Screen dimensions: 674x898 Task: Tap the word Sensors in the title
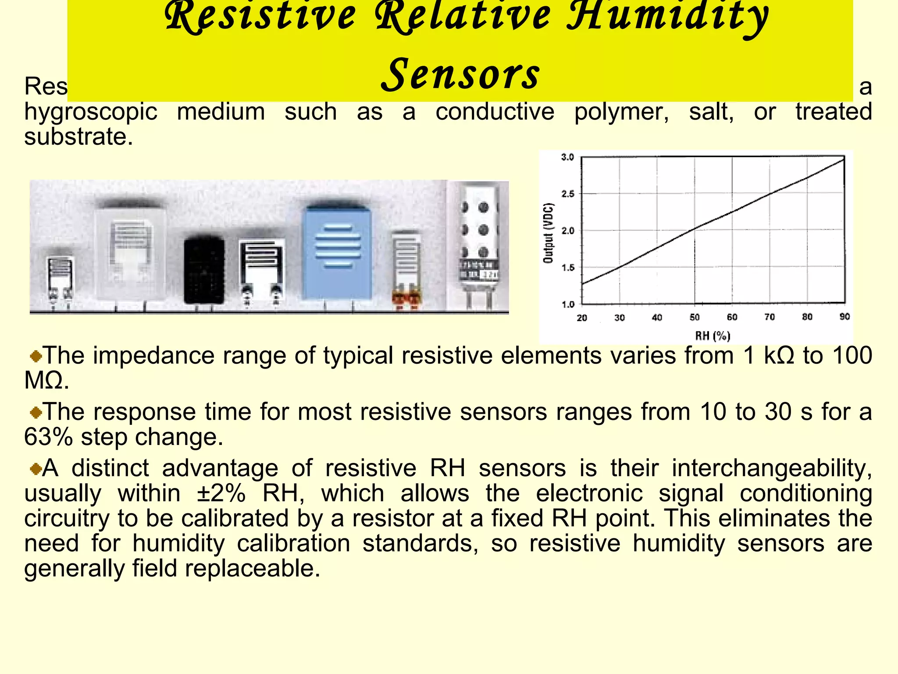[x=460, y=75]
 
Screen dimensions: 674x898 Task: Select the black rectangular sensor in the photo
[x=204, y=270]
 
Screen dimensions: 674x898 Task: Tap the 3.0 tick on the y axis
[x=567, y=158]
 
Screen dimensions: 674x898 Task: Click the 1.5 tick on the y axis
[x=567, y=268]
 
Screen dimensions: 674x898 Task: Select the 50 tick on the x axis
[x=695, y=317]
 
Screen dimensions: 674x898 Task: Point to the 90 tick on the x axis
[x=845, y=317]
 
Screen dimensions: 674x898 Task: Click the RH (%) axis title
[x=713, y=336]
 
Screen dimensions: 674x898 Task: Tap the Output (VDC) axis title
[x=548, y=233]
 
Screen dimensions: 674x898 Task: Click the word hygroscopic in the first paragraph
[x=90, y=112]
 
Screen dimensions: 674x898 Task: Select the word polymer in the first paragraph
[x=621, y=112]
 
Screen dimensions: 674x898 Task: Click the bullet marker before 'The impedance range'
[x=36, y=356]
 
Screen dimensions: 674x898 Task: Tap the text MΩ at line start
[x=46, y=380]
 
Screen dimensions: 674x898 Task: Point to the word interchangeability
[x=772, y=468]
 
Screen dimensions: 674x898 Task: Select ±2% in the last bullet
[x=221, y=493]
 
